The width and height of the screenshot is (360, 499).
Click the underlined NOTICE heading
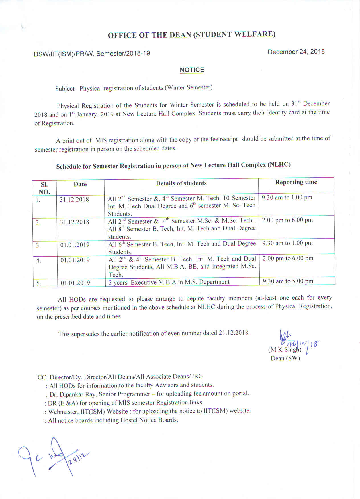coord(192,70)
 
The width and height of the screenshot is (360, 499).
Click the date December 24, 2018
coord(296,52)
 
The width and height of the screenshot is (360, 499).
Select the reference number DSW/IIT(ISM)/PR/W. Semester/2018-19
coord(92,54)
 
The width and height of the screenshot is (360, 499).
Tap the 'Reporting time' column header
coord(296,182)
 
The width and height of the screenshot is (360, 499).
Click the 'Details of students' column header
coord(181,183)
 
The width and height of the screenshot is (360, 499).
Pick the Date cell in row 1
coord(74,199)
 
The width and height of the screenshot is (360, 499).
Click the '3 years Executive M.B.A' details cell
coord(169,282)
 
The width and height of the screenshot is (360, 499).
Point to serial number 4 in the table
coord(39,260)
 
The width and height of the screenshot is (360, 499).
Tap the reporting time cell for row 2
coord(287,220)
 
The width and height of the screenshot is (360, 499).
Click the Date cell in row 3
coord(75,245)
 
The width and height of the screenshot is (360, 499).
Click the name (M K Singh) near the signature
coord(284,350)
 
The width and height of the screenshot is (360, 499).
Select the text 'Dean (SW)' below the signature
coord(285,358)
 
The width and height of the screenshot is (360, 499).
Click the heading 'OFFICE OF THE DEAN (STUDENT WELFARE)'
coord(191,35)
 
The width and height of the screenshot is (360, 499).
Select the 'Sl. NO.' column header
coord(44,188)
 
